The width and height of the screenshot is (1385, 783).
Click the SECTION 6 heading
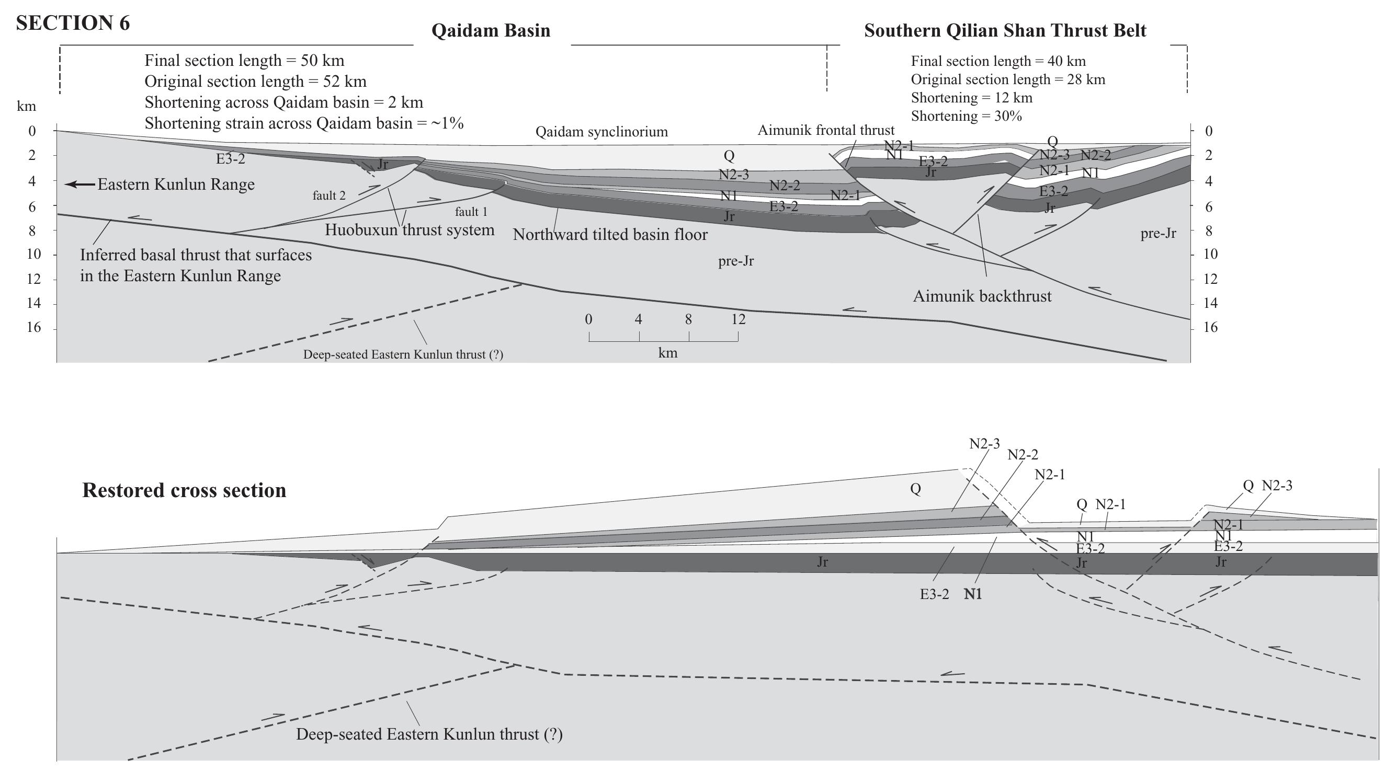73,23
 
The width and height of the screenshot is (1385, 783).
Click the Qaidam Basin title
491,31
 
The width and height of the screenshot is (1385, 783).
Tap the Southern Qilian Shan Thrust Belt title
1005,31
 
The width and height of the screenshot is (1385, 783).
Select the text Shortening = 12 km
971,98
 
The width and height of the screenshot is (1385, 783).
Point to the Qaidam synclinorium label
601,132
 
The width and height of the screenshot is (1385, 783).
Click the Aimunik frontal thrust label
825,130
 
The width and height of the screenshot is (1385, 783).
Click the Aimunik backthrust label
981,296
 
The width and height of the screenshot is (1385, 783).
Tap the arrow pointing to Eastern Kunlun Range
80,185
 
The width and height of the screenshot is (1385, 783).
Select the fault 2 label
329,195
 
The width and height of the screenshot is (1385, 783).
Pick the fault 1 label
471,212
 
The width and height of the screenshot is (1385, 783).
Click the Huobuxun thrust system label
409,230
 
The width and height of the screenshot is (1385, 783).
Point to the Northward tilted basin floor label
610,235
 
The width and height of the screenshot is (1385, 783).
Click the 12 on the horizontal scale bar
737,319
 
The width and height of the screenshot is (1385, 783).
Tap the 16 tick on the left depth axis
34,327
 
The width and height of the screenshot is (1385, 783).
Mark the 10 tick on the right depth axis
1210,254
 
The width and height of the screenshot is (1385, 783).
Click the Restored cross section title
184,490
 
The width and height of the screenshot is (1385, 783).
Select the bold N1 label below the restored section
972,594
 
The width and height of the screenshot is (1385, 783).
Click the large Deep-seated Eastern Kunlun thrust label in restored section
429,734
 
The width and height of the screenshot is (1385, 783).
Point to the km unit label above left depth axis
26,106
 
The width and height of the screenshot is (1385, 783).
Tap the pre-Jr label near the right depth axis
1158,234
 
